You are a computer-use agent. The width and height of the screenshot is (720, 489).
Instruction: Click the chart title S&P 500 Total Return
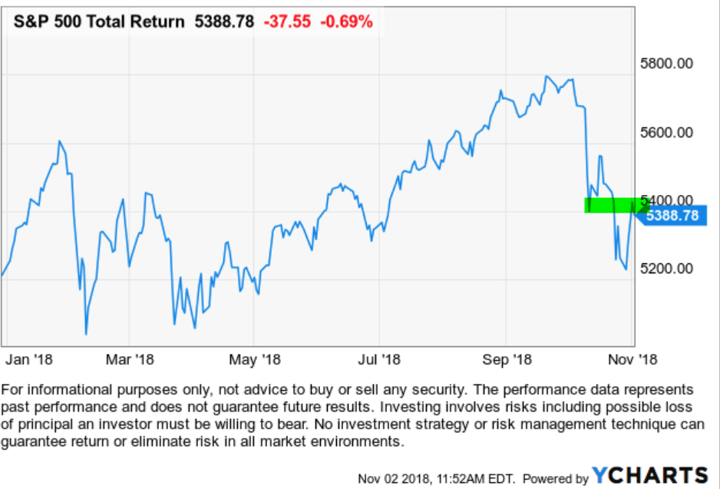point(99,21)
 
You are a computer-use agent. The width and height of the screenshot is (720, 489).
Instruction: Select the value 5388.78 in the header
point(224,21)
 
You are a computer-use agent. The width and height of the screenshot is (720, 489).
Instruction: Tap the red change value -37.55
point(286,21)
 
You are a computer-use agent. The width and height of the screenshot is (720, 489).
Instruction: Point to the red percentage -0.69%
point(347,21)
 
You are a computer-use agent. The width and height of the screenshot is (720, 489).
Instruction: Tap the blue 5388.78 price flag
point(672,216)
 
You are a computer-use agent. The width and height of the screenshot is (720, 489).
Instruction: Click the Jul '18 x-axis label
point(380,358)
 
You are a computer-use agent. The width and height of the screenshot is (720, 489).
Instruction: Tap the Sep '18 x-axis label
point(507,358)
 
